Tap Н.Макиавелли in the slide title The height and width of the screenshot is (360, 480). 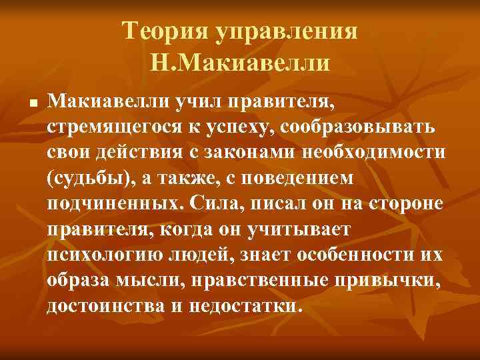coord(240,64)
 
